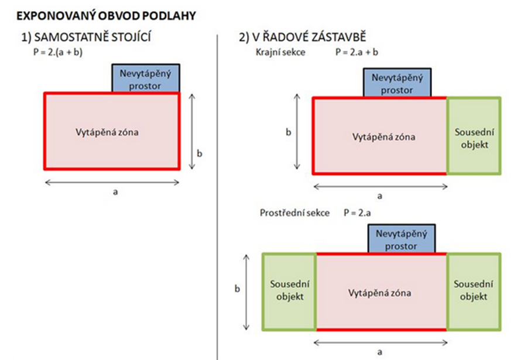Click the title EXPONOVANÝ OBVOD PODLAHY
pos(106,16)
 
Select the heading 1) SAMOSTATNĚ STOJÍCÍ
pos(86,37)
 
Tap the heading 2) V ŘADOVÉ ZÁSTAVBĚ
pos(303,36)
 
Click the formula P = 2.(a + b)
pos(58,52)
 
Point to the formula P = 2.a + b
pos(357,52)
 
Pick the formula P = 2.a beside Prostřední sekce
pos(357,212)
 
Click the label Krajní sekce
pos(280,52)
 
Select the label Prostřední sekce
pos(294,212)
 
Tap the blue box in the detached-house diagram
pos(146,78)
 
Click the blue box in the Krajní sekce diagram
pos(397,83)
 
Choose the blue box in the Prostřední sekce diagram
pos(402,238)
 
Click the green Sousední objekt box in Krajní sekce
pos(474,135)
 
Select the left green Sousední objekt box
pos(289,292)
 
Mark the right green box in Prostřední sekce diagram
pos(474,292)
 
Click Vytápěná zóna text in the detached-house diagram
pos(107,132)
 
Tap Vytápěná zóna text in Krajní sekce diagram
pos(384,137)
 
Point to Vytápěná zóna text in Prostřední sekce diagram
pos(380,293)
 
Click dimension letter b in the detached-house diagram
pos(200,153)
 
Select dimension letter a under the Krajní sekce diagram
pos(380,196)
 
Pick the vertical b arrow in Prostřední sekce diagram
pos(246,292)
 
